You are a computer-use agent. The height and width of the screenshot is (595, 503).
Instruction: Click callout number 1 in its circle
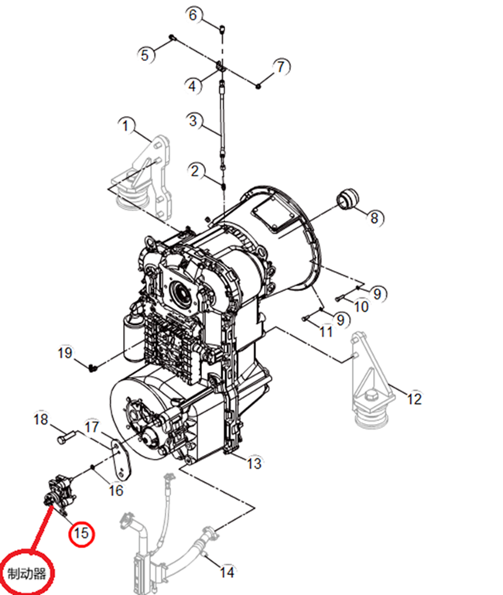tap(126, 125)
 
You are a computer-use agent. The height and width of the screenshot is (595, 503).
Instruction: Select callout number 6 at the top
tap(195, 14)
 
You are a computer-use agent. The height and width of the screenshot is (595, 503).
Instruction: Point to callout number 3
tap(195, 121)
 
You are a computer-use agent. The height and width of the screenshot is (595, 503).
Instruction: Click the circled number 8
tap(375, 217)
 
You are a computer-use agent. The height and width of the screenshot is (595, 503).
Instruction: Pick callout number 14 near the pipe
tap(227, 573)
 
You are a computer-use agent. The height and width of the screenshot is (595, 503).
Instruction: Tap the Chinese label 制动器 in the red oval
tap(27, 573)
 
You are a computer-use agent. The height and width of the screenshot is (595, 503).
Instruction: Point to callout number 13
tap(254, 463)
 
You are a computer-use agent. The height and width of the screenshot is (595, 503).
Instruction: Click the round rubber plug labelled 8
tap(347, 198)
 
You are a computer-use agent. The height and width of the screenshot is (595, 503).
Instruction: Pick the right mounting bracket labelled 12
tap(370, 379)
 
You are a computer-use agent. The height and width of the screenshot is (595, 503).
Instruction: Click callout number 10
tap(361, 306)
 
